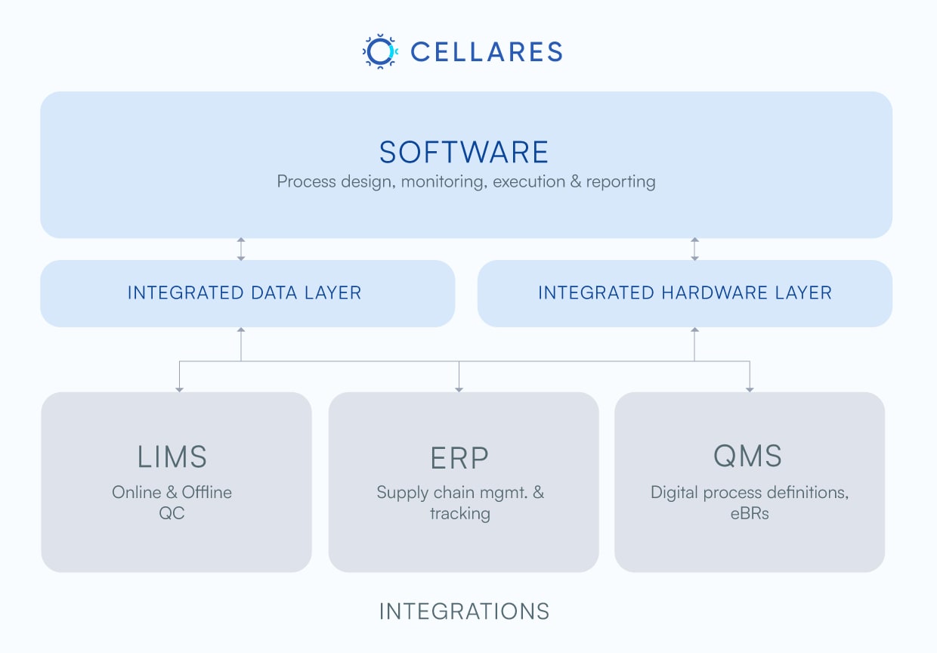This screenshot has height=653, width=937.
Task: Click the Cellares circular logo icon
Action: tap(380, 51)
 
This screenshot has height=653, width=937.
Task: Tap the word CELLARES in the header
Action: tap(487, 52)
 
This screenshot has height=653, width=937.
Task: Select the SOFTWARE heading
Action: tap(464, 152)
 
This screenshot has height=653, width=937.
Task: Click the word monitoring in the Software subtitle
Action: tap(444, 181)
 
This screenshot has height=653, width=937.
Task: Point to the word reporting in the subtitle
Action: tap(621, 181)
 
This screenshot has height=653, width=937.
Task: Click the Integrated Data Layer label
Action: tap(245, 292)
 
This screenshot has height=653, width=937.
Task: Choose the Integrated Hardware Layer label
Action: tap(685, 292)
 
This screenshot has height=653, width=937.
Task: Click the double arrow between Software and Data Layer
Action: tap(241, 249)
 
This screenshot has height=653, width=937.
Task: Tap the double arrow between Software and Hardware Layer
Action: tap(694, 249)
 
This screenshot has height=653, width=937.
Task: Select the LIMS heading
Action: tap(172, 456)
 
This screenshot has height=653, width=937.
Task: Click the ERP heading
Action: tap(459, 458)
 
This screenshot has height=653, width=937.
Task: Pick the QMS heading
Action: tap(747, 456)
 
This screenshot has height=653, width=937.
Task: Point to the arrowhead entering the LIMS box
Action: tap(179, 389)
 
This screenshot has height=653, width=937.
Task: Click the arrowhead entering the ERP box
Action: tap(459, 389)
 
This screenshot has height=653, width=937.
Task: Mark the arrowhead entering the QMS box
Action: tap(750, 389)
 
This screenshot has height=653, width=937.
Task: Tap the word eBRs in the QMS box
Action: tap(750, 513)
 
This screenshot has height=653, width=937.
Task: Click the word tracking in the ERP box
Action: tap(460, 514)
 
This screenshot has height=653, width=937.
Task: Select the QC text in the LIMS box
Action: tap(172, 513)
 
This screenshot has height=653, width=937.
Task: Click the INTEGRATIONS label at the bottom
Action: tap(464, 611)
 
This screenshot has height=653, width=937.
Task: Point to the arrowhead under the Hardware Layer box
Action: tap(694, 330)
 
